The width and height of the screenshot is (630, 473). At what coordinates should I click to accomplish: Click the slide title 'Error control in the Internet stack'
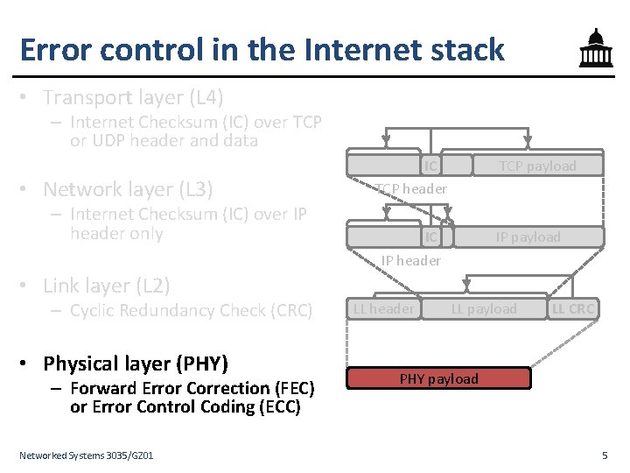coord(262,49)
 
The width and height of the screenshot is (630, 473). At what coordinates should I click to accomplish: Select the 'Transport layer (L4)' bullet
coord(133,96)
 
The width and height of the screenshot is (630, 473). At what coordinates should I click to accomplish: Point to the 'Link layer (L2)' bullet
coord(106,286)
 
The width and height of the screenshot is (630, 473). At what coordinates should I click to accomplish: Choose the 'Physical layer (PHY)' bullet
coord(135,364)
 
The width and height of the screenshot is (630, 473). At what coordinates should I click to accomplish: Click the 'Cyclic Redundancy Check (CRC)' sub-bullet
coord(191,310)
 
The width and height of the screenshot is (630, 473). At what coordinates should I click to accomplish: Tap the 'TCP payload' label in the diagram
coord(537,166)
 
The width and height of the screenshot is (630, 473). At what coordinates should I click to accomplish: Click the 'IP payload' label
coord(528,237)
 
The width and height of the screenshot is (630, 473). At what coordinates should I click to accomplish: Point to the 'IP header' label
coord(410,260)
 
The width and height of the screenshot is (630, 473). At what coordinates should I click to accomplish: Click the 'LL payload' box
coord(484,308)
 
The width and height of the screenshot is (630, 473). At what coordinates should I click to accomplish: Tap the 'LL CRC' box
coord(573,308)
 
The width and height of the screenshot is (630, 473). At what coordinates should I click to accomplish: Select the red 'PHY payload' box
coord(439,378)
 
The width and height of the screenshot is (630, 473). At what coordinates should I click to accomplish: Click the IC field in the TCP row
coord(430,166)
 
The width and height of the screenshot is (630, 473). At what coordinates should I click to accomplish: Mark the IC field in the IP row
coord(430,237)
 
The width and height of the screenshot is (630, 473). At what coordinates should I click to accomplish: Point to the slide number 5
coord(605,455)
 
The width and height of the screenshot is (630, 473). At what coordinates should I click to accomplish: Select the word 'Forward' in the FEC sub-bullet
coord(100,388)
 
